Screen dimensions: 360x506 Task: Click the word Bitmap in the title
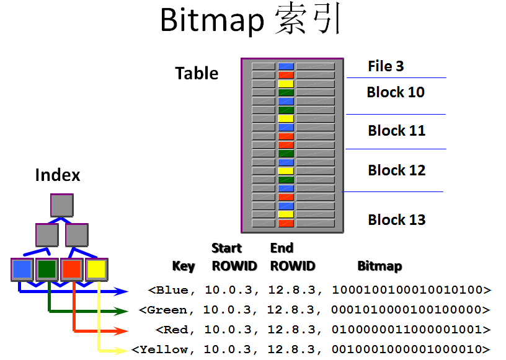(212, 20)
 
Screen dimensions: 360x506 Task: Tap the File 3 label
(386, 66)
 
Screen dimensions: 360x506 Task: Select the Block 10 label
(396, 92)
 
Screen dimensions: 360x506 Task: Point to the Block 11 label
(396, 131)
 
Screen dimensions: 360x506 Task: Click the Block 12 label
(396, 170)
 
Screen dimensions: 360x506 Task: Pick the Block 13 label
(396, 220)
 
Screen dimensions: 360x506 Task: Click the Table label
(197, 73)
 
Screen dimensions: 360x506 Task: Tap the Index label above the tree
(58, 175)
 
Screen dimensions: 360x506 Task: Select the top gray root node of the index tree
(62, 205)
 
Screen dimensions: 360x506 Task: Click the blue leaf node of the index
(22, 270)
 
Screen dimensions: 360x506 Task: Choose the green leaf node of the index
(47, 270)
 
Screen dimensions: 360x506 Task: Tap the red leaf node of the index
(72, 270)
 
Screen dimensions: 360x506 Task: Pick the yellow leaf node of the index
(97, 270)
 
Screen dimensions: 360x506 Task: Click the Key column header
(184, 266)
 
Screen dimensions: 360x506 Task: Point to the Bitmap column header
(379, 266)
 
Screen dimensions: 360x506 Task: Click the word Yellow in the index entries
(164, 349)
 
